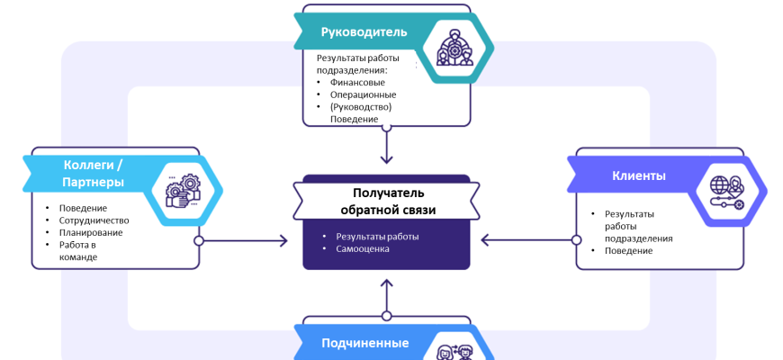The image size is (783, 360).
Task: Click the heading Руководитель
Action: tap(364, 32)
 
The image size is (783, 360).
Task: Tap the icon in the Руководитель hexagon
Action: tap(447, 47)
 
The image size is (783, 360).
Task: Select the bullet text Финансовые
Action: tap(357, 82)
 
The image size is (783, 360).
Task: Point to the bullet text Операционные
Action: tap(363, 94)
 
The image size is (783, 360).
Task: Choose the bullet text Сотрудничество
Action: tap(94, 220)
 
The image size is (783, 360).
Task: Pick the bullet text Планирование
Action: tap(91, 232)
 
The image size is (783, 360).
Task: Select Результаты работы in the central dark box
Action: tap(377, 237)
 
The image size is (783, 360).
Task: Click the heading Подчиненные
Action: tap(364, 343)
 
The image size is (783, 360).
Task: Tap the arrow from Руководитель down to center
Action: tap(386, 145)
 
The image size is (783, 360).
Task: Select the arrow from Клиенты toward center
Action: tap(527, 240)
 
